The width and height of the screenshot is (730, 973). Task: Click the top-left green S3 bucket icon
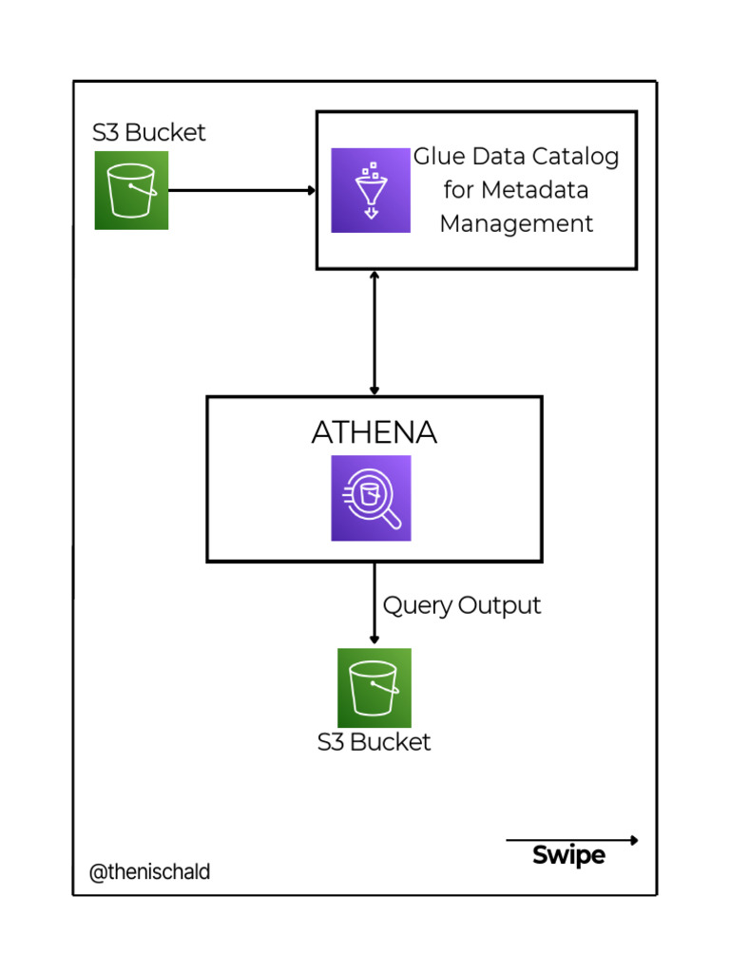[131, 190]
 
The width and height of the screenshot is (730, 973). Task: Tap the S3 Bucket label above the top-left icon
[148, 133]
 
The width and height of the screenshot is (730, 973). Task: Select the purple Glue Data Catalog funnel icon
[371, 190]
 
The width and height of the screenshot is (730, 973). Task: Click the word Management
[516, 224]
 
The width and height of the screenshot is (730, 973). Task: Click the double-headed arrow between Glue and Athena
[375, 333]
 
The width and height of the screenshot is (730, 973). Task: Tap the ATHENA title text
[374, 433]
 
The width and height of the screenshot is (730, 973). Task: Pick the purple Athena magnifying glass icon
[371, 498]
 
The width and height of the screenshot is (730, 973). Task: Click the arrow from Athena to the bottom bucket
[375, 603]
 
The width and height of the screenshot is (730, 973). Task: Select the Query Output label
[462, 606]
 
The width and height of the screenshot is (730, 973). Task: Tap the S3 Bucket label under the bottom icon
[374, 742]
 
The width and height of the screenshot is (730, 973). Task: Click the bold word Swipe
[568, 855]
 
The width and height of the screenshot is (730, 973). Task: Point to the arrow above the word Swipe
[570, 840]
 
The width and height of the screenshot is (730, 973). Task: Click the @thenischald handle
[149, 872]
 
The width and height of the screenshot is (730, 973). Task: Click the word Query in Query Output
[417, 606]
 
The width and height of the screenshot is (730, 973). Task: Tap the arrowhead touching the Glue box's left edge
[311, 190]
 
